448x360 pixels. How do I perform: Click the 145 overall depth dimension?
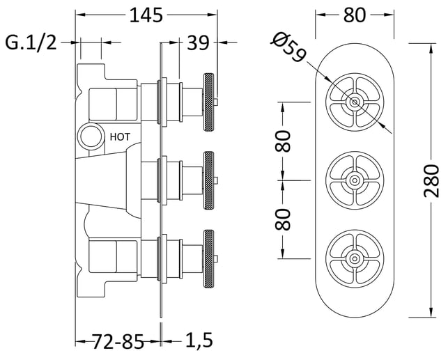(146, 15)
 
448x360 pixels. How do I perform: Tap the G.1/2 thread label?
(31, 43)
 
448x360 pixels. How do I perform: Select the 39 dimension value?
(199, 43)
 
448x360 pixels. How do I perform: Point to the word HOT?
(120, 137)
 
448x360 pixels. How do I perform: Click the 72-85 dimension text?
(118, 341)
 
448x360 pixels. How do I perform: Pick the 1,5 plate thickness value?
(199, 340)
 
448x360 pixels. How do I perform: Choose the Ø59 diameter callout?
(289, 47)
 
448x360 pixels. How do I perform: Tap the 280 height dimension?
(431, 181)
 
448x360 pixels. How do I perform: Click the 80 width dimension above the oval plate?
(354, 15)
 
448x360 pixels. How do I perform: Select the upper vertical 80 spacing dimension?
(283, 141)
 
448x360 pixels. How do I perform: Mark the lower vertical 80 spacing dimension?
(283, 219)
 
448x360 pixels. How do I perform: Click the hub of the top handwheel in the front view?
(355, 102)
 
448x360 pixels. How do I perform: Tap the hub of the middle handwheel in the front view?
(355, 180)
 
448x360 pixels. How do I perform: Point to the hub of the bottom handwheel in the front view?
(355, 259)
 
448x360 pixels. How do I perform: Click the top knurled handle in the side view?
(208, 102)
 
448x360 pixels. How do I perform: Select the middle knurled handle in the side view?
(208, 180)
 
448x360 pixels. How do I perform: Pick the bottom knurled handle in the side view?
(208, 258)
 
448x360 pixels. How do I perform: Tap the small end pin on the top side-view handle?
(216, 102)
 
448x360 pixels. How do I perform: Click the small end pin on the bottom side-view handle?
(216, 258)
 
